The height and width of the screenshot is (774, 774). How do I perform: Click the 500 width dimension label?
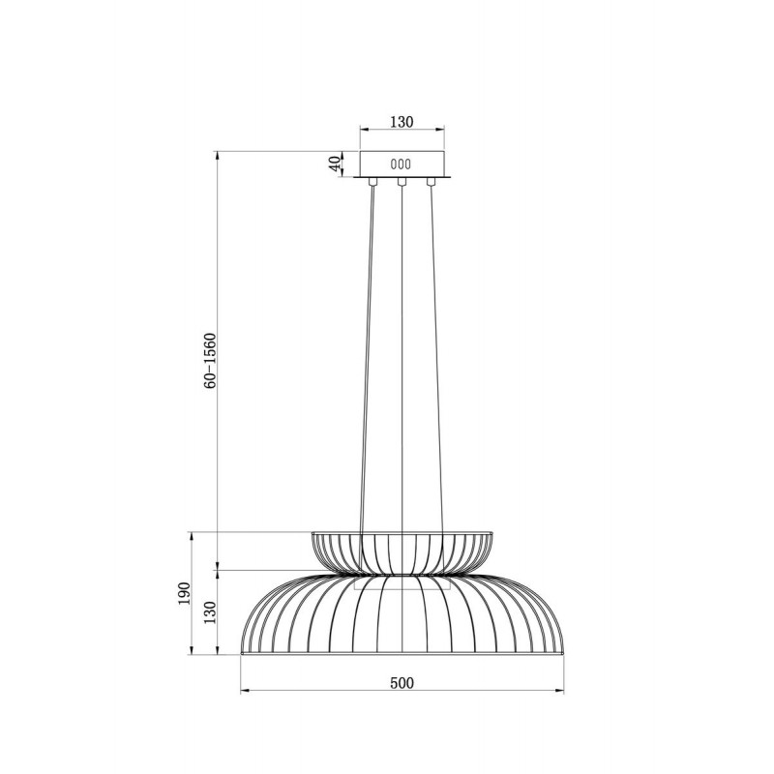(x=402, y=683)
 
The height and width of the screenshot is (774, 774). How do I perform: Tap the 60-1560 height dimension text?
(x=210, y=360)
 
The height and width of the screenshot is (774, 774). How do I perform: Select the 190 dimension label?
(x=184, y=594)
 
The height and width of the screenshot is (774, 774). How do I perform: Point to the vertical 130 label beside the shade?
(x=211, y=612)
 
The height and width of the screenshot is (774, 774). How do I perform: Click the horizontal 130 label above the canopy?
(x=402, y=122)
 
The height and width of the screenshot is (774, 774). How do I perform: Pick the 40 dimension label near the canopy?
(x=335, y=164)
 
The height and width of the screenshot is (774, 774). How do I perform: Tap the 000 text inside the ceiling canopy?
(x=401, y=164)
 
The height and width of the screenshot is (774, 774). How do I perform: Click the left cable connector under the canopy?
(x=372, y=182)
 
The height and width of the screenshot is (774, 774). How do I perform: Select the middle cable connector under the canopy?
(x=402, y=182)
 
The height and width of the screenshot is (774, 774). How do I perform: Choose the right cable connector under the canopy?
(x=432, y=182)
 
